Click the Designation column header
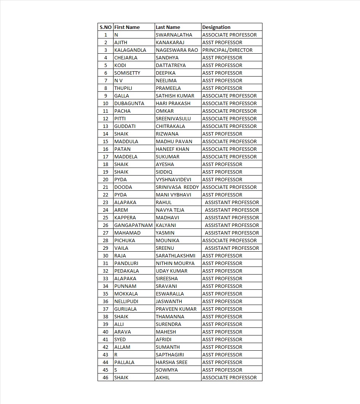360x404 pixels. [x=216, y=27]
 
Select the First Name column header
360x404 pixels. [x=127, y=27]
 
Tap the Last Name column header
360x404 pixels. [x=168, y=27]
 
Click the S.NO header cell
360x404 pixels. [x=106, y=27]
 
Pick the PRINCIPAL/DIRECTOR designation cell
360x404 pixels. [x=227, y=50]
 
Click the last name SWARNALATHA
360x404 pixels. [x=174, y=35]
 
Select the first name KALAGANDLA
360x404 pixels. [x=130, y=50]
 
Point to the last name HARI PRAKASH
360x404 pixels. [x=173, y=103]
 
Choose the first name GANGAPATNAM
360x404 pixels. [x=133, y=225]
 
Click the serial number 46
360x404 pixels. [x=106, y=377]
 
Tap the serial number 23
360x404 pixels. [x=106, y=202]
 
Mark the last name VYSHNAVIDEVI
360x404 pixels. [x=173, y=179]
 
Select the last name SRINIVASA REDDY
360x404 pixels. [x=177, y=187]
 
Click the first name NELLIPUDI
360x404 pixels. [x=126, y=301]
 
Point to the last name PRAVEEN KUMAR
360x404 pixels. [x=176, y=309]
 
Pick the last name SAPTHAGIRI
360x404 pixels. [x=170, y=354]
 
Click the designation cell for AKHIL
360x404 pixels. [x=229, y=377]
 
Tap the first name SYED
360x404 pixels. [x=120, y=339]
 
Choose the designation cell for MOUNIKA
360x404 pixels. [x=229, y=240]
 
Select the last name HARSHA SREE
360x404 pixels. [x=171, y=362]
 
